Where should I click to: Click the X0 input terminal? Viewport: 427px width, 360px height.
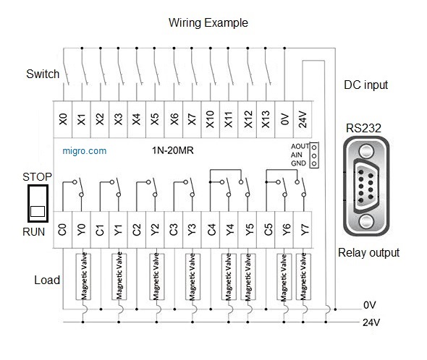pyautogui.click(x=63, y=119)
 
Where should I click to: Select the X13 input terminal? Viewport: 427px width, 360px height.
pyautogui.click(x=266, y=119)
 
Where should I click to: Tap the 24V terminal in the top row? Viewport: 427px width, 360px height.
pyautogui.click(x=303, y=119)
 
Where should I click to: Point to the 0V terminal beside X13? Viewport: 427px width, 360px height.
pyautogui.click(x=284, y=119)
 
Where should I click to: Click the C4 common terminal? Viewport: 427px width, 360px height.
pyautogui.click(x=211, y=230)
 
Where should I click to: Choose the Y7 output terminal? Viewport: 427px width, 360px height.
pyautogui.click(x=303, y=230)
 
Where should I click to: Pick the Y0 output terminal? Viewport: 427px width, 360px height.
pyautogui.click(x=81, y=230)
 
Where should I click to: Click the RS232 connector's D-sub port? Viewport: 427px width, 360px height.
pyautogui.click(x=366, y=186)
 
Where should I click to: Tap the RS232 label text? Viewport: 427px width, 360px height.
pyautogui.click(x=363, y=128)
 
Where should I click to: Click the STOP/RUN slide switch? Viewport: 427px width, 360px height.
pyautogui.click(x=38, y=203)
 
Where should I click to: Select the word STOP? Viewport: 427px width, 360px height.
pyautogui.click(x=37, y=177)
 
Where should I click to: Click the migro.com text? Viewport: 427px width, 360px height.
pyautogui.click(x=85, y=151)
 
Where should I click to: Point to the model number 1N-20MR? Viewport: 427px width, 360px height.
pyautogui.click(x=173, y=150)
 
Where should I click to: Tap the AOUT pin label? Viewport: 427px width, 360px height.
pyautogui.click(x=300, y=147)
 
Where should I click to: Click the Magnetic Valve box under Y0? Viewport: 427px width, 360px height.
pyautogui.click(x=83, y=277)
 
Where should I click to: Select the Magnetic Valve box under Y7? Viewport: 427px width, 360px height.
pyautogui.click(x=303, y=277)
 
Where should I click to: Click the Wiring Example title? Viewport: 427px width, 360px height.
pyautogui.click(x=208, y=22)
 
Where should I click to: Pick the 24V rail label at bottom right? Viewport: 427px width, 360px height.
pyautogui.click(x=371, y=322)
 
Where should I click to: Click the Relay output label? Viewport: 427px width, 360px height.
pyautogui.click(x=368, y=253)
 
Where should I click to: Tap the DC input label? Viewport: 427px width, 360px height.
pyautogui.click(x=365, y=85)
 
